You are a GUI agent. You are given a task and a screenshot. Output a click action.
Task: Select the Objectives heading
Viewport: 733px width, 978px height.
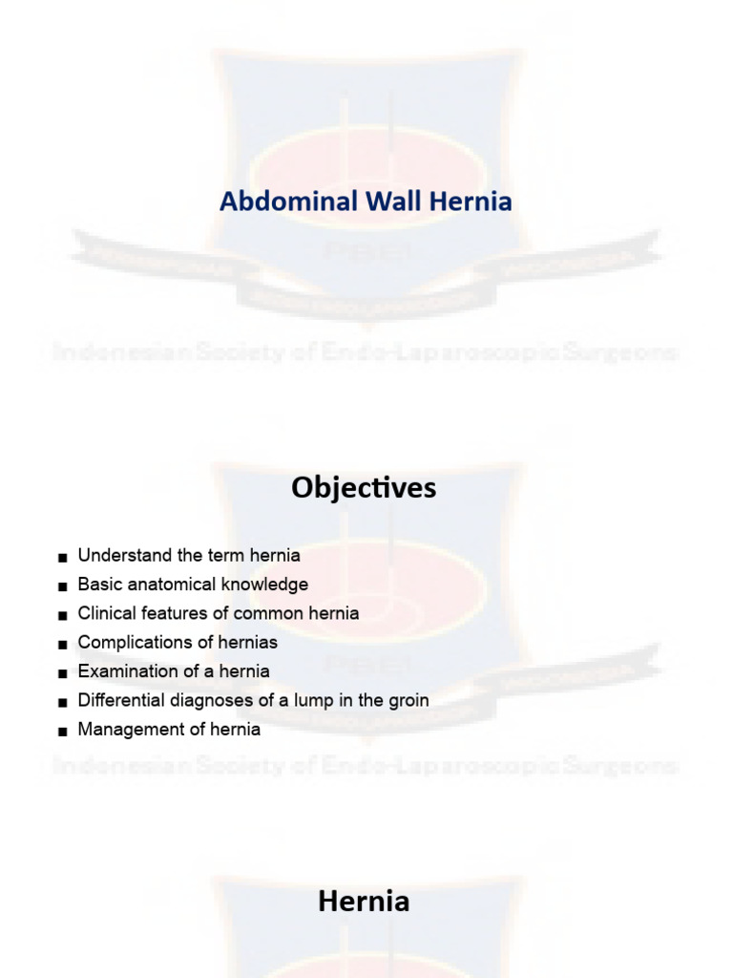pyautogui.click(x=364, y=488)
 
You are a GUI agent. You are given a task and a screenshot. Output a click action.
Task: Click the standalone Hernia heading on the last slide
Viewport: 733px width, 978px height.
pyautogui.click(x=364, y=901)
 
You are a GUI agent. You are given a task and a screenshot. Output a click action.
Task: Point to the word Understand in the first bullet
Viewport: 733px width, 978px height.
pyautogui.click(x=119, y=555)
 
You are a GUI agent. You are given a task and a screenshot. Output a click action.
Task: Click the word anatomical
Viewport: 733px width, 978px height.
pyautogui.click(x=164, y=584)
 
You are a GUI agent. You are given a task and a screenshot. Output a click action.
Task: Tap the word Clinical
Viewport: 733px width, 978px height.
pyautogui.click(x=105, y=613)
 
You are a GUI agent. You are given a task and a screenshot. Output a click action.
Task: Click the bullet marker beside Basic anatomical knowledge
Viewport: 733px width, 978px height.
pyautogui.click(x=62, y=585)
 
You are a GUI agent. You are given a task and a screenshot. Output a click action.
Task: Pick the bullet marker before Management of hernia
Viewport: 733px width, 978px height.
pyautogui.click(x=62, y=732)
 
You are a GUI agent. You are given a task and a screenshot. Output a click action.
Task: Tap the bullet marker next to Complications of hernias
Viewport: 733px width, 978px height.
pyautogui.click(x=62, y=644)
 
